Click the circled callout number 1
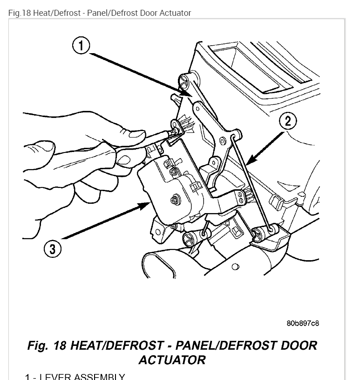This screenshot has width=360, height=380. tap(81, 46)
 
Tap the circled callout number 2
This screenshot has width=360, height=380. tap(288, 122)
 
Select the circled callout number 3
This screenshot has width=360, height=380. tap(52, 249)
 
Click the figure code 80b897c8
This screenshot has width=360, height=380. tap(303, 323)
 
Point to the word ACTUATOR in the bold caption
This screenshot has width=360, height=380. tap(172, 360)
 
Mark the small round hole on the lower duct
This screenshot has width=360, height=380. tap(235, 267)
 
